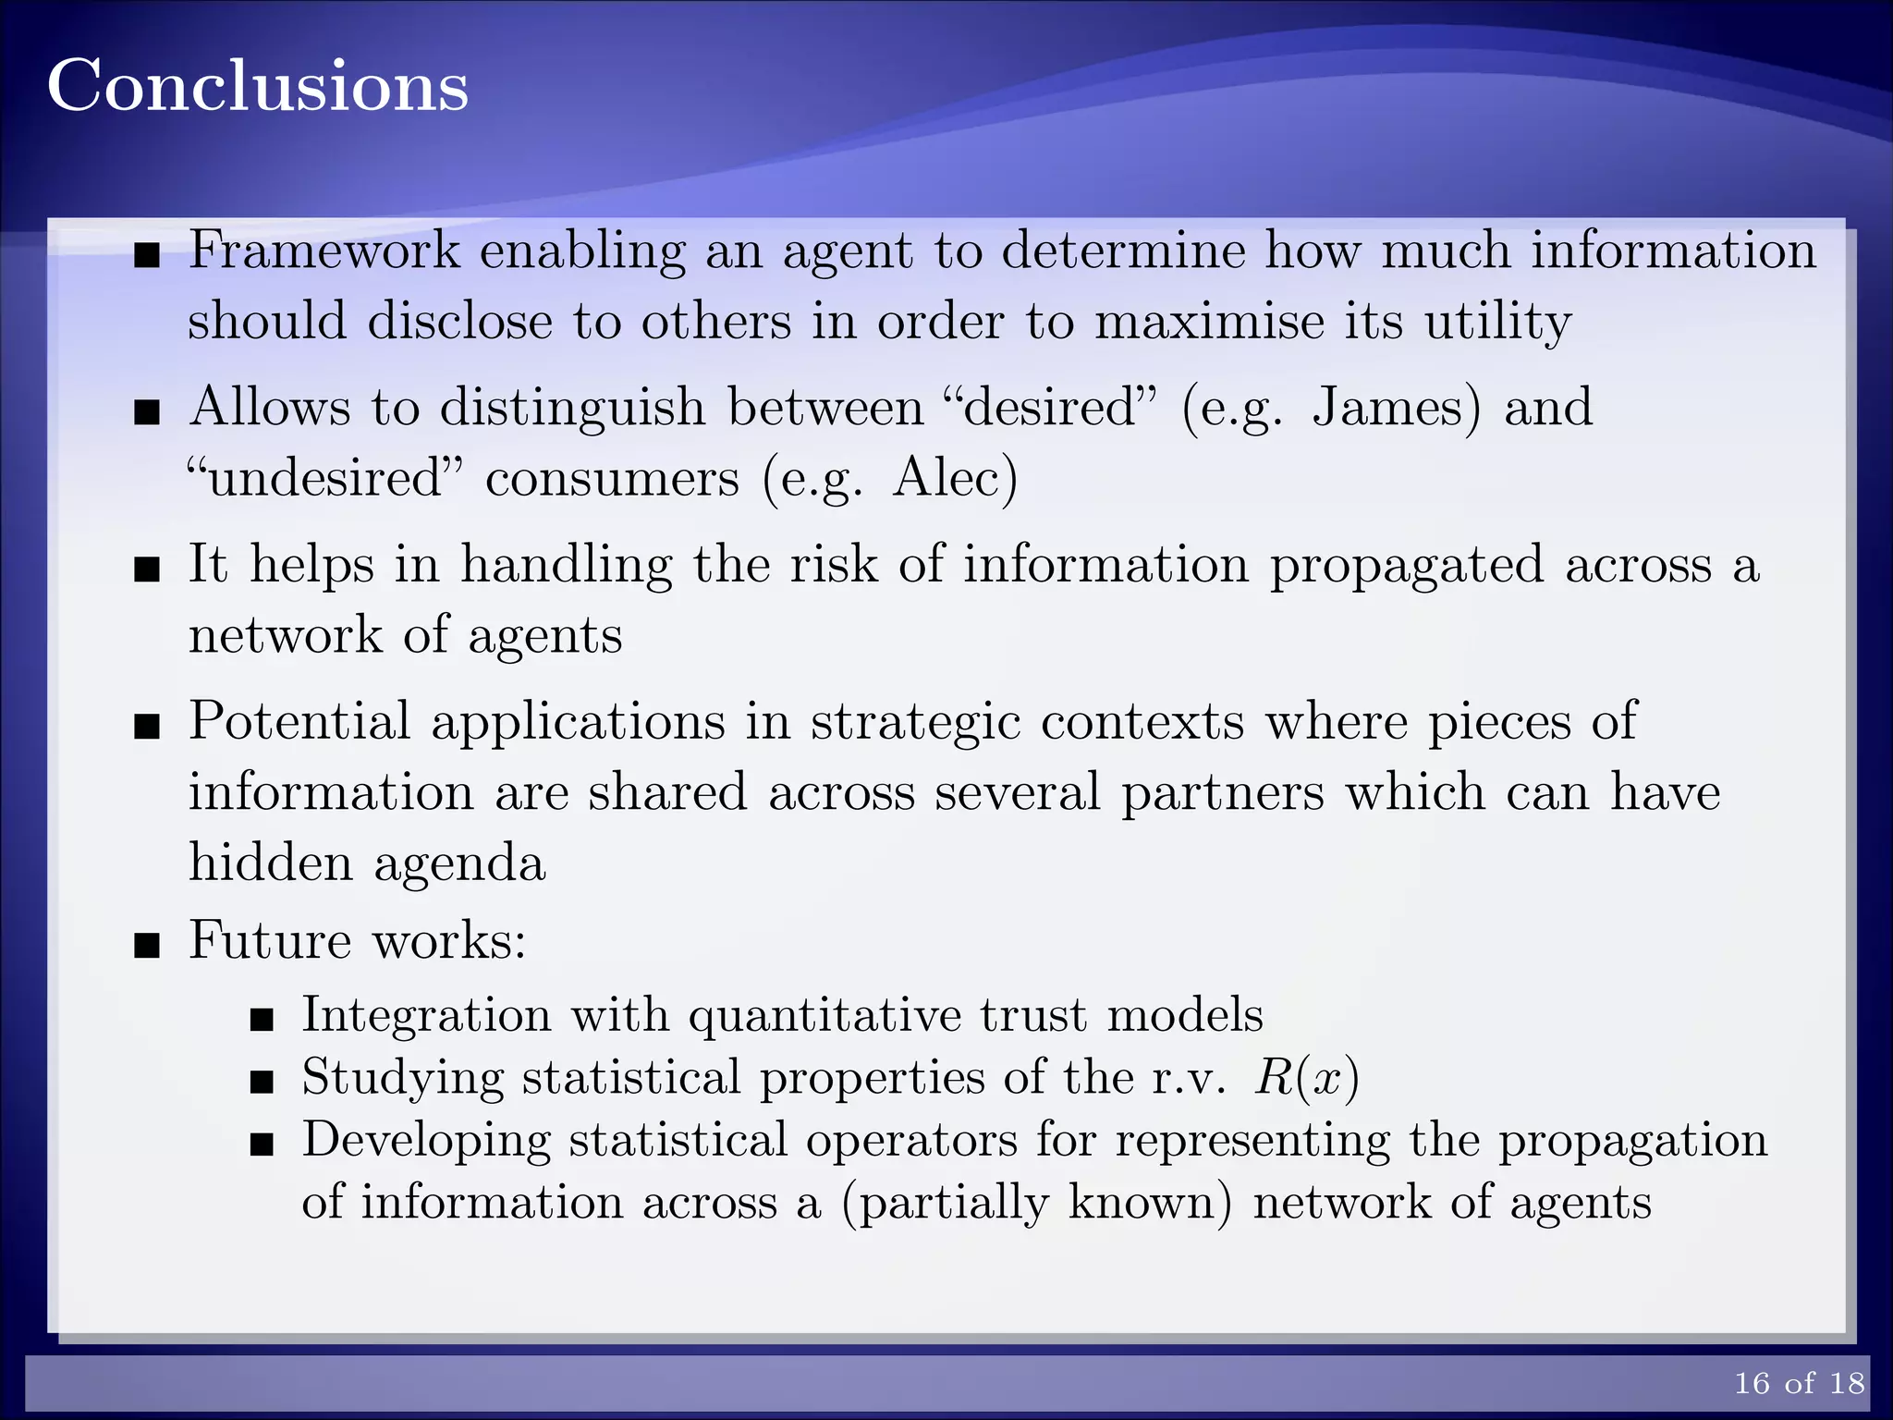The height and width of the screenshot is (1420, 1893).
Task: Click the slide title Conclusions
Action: pyautogui.click(x=258, y=86)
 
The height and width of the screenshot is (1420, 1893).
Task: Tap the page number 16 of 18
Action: pyautogui.click(x=1799, y=1382)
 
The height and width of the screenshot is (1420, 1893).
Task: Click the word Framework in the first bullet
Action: pyautogui.click(x=324, y=251)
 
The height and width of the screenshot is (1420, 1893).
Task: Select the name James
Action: pyautogui.click(x=1396, y=408)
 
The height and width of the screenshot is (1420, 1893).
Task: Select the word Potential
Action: pyautogui.click(x=299, y=721)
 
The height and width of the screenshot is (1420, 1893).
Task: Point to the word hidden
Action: pyautogui.click(x=271, y=863)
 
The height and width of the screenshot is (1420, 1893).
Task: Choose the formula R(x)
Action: pyautogui.click(x=1306, y=1078)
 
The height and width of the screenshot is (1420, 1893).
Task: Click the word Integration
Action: pyautogui.click(x=426, y=1014)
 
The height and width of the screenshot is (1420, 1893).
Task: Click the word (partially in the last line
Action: pyautogui.click(x=945, y=1204)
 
